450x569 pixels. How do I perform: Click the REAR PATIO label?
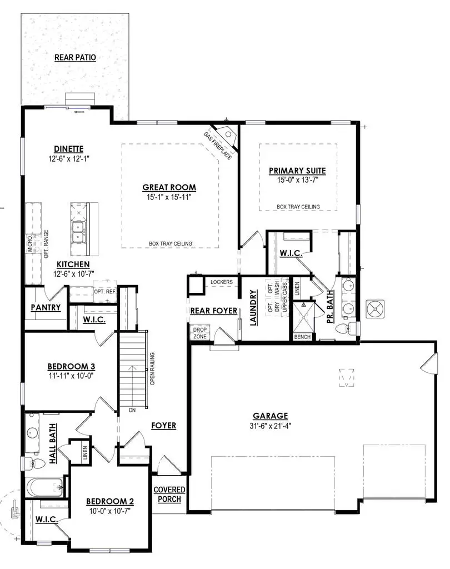[x=76, y=57]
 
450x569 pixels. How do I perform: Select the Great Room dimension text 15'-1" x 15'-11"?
[x=169, y=197]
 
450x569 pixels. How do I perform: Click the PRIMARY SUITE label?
[x=297, y=171]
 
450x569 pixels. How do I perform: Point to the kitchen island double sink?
[x=78, y=231]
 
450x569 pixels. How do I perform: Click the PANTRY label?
[x=46, y=307]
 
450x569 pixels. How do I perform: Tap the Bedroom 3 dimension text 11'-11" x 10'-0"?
[x=71, y=376]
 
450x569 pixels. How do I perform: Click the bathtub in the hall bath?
[x=44, y=489]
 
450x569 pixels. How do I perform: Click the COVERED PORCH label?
[x=169, y=494]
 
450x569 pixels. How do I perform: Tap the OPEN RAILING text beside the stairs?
[x=152, y=370]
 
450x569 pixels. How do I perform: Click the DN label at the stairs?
[x=132, y=410]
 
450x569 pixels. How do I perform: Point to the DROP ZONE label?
[x=199, y=333]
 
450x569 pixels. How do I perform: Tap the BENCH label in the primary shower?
[x=302, y=337]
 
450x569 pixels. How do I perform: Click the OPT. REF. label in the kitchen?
[x=104, y=291]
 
